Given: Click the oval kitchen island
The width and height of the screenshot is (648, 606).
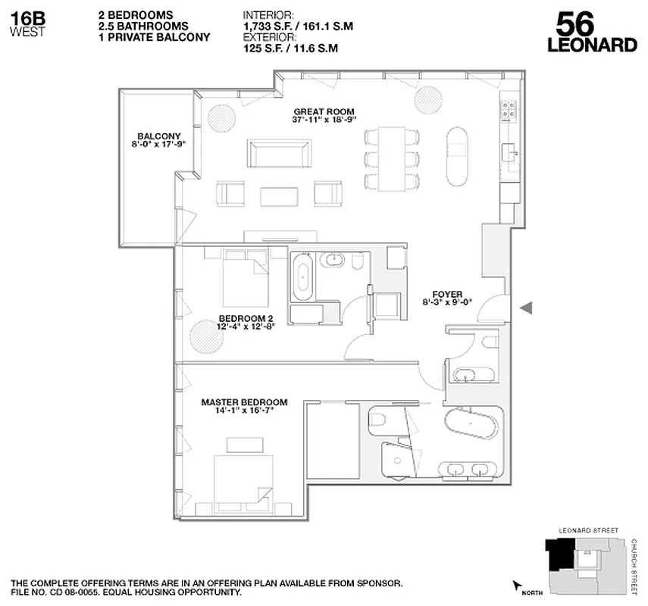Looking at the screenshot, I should [457, 155].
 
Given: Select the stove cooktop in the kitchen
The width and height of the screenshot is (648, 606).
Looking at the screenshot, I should [509, 111].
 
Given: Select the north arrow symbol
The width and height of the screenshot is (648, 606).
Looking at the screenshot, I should [518, 586].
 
